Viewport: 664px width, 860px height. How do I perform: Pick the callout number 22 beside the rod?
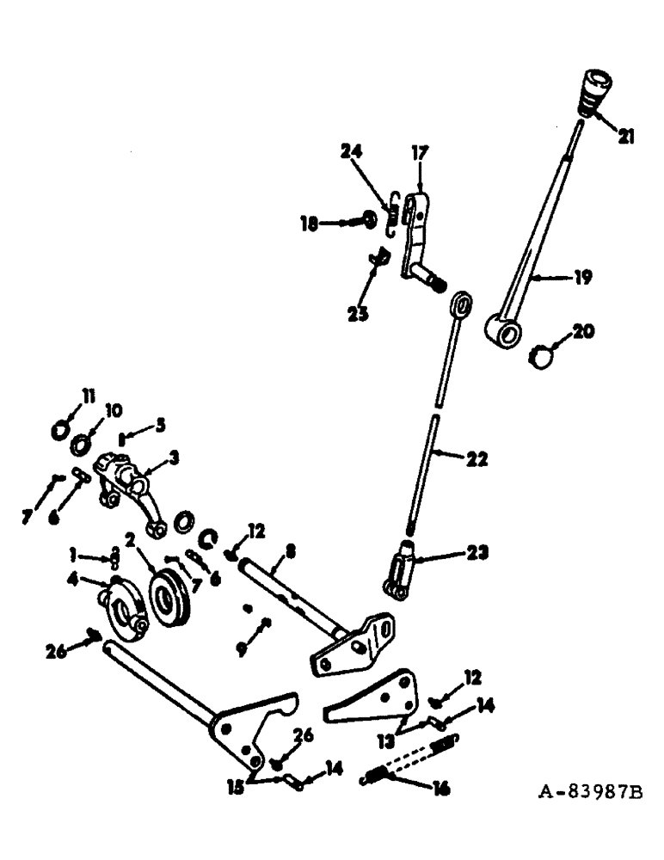tap(476, 459)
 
